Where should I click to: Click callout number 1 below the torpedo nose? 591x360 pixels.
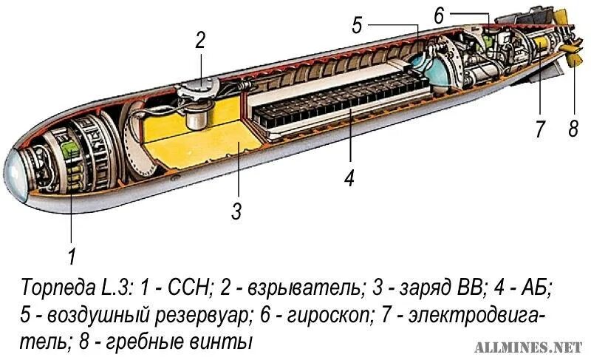[72, 257]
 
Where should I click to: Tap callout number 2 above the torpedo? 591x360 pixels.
[199, 41]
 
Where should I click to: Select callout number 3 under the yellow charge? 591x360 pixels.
[236, 211]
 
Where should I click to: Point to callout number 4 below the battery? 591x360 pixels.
[349, 178]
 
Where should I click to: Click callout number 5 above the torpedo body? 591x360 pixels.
[358, 27]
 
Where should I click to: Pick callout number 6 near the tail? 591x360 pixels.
[438, 15]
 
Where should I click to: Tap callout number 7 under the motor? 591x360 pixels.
[539, 129]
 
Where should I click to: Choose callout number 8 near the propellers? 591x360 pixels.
[573, 129]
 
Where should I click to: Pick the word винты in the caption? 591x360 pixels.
[230, 342]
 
